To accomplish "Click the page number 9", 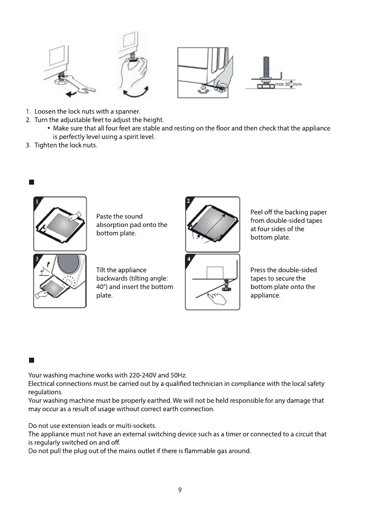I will (180, 490).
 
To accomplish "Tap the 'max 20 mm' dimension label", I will (288, 84).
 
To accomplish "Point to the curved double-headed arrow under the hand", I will (136, 92).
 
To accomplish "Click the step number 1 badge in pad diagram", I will (37, 202).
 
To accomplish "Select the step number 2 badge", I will (189, 201).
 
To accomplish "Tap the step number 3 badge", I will (37, 259).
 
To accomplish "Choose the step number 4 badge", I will (189, 259).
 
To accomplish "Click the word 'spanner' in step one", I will (127, 112).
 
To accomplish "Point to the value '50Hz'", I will (178, 375).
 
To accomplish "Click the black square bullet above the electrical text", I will (31, 360).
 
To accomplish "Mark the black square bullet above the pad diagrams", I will (31, 182).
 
